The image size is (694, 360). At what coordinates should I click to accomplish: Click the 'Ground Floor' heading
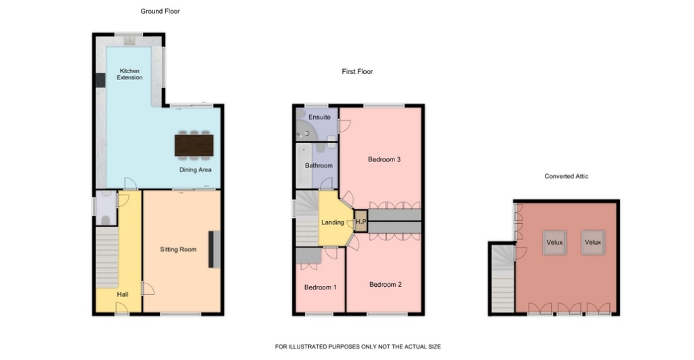point(160,11)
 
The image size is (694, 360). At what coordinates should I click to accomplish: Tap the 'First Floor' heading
point(357,71)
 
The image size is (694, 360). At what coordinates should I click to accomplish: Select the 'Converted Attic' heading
point(566,176)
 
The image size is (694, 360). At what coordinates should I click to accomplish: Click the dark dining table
point(194,145)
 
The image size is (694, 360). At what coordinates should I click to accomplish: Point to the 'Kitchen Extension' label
point(129,74)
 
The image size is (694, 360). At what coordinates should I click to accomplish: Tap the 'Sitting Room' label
point(178,249)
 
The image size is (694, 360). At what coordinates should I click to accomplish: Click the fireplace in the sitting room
point(214,249)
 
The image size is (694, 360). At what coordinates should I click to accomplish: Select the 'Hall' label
point(123,294)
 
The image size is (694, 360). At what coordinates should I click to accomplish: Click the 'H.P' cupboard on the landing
point(361,221)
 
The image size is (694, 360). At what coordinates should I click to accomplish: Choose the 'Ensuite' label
point(319,117)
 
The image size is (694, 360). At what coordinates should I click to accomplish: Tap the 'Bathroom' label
point(319,165)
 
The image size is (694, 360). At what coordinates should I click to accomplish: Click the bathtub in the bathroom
point(304,165)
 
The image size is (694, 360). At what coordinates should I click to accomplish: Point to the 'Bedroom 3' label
point(384,159)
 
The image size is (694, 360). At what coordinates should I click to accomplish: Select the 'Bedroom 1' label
point(321,287)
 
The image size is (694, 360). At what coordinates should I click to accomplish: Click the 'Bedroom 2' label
point(386,284)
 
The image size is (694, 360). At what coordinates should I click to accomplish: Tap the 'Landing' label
point(332,222)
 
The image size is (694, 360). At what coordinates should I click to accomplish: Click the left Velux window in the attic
point(554,242)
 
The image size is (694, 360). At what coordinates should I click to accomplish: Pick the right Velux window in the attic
point(592,242)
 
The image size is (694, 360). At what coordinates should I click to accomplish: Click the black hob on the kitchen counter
point(100,80)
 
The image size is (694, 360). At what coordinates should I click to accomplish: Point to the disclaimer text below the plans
point(358,346)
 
